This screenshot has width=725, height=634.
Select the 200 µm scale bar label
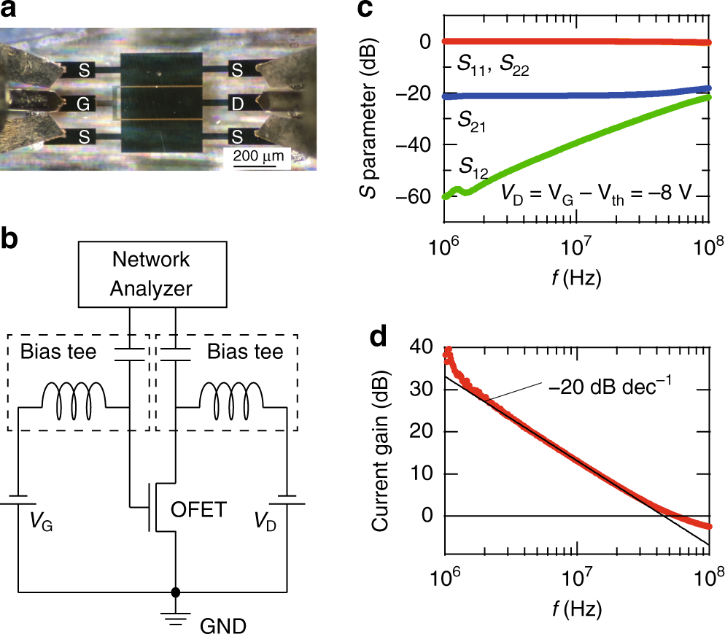coord(258,155)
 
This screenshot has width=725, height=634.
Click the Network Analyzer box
coord(150,274)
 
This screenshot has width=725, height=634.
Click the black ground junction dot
coord(174,592)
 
